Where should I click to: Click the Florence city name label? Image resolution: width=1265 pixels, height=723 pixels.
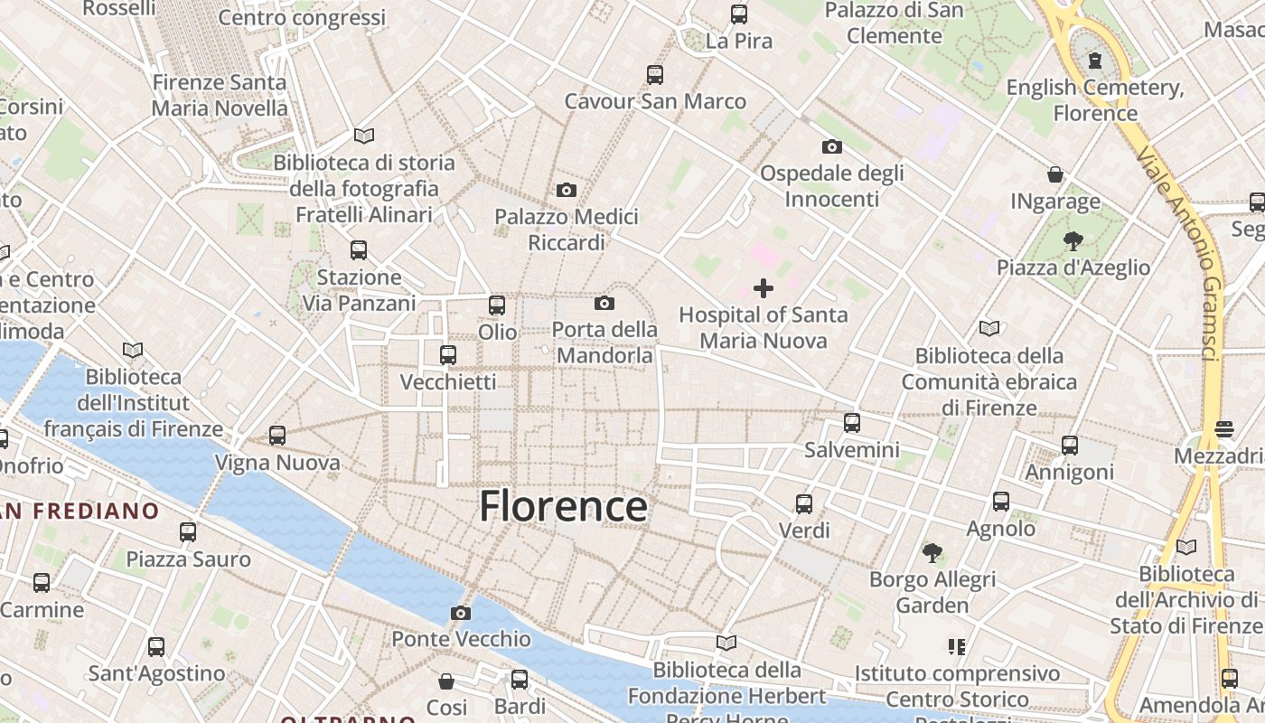[x=563, y=506]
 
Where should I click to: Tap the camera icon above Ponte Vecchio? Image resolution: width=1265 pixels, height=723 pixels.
[x=460, y=614]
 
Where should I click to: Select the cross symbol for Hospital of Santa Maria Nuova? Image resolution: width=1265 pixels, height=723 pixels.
[x=764, y=288]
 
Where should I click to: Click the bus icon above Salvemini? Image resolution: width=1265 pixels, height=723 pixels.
[x=851, y=423]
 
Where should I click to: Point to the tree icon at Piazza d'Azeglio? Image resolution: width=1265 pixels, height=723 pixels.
[x=1073, y=241]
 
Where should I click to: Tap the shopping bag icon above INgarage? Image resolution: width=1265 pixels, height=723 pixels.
[x=1054, y=174]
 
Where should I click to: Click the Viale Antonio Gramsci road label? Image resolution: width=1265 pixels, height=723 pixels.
[x=1184, y=254]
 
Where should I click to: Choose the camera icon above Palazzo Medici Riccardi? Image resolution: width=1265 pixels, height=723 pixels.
[x=567, y=190]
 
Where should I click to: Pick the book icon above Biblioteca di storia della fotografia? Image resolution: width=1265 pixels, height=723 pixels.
[x=364, y=136]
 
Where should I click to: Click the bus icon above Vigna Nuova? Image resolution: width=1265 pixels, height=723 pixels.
[x=277, y=436]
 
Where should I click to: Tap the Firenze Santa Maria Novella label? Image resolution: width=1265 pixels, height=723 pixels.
[x=220, y=95]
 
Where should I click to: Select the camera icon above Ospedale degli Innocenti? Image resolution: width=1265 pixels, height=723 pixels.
[x=831, y=146]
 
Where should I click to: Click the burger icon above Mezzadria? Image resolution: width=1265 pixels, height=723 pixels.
[x=1224, y=428]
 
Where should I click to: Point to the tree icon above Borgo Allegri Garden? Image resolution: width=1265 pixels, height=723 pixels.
[x=932, y=552]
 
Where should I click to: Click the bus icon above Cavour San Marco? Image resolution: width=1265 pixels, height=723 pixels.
[x=655, y=74]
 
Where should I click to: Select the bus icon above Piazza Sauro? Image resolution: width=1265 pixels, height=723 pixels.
[x=188, y=531]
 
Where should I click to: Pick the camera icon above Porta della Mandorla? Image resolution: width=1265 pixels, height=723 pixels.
[x=604, y=303]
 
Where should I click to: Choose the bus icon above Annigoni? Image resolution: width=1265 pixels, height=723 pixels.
[x=1070, y=445]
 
